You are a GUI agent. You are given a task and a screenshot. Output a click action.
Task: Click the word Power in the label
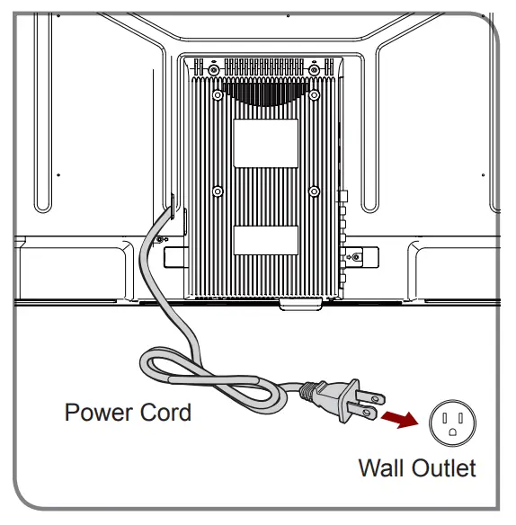(x=99, y=412)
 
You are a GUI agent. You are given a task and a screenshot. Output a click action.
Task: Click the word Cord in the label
(x=165, y=412)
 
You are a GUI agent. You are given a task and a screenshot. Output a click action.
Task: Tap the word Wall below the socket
(x=381, y=467)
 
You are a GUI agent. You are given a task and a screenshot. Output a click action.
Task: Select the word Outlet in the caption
(x=444, y=467)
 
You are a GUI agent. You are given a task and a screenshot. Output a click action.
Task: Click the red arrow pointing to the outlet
(x=400, y=419)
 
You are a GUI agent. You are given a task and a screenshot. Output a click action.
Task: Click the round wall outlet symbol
(x=452, y=423)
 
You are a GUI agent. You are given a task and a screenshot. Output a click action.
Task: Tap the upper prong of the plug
(x=370, y=397)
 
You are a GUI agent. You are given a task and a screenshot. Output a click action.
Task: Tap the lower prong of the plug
(x=362, y=411)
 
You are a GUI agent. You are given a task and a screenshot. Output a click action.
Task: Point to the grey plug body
(x=336, y=399)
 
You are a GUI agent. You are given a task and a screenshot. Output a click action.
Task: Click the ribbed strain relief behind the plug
(x=307, y=391)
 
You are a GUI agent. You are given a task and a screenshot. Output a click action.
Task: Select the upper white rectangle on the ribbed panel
(x=265, y=143)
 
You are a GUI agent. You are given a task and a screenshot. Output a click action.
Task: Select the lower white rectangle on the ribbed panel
(x=265, y=240)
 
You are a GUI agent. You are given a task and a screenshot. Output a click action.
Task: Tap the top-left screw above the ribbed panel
(x=214, y=70)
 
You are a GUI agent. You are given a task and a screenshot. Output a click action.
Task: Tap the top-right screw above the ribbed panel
(x=314, y=70)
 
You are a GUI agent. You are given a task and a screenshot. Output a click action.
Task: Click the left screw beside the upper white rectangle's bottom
(x=218, y=191)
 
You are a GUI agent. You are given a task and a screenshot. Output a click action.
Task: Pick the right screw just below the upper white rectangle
(x=314, y=191)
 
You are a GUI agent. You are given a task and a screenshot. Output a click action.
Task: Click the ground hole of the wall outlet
(x=452, y=432)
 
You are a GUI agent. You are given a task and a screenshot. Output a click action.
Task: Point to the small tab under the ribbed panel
(x=300, y=305)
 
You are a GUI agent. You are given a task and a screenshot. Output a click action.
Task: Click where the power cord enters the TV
(x=171, y=209)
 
